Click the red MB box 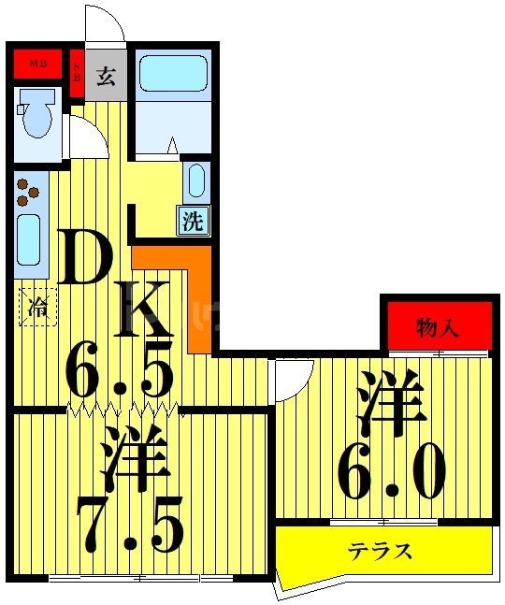[x=37, y=64]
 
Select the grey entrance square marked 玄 [x=106, y=76]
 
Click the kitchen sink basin [x=29, y=239]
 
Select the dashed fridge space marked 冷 [x=38, y=306]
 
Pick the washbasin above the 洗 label [x=195, y=181]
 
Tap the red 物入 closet [x=437, y=327]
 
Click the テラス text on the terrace [x=381, y=549]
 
